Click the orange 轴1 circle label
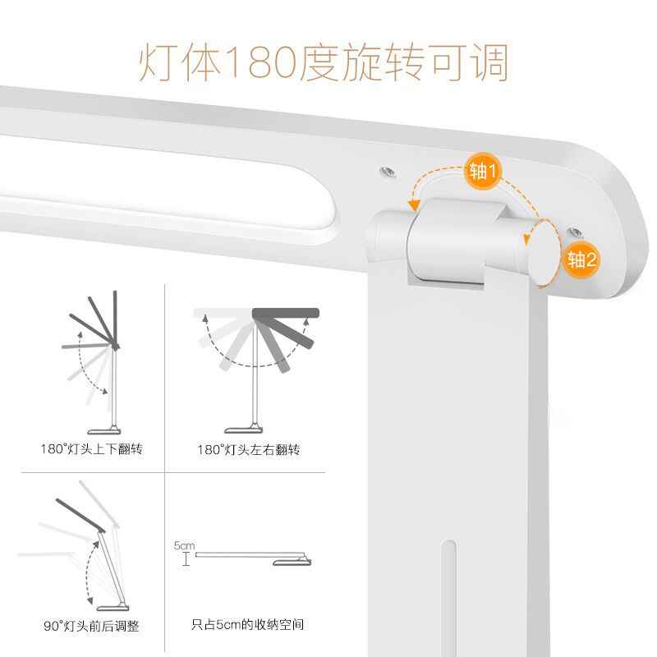(483, 172)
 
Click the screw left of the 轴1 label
(386, 173)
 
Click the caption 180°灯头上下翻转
(91, 449)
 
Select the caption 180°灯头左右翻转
(248, 449)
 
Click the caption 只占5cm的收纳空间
(247, 625)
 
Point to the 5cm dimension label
(184, 545)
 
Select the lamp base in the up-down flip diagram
(107, 429)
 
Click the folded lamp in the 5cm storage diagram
(255, 557)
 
